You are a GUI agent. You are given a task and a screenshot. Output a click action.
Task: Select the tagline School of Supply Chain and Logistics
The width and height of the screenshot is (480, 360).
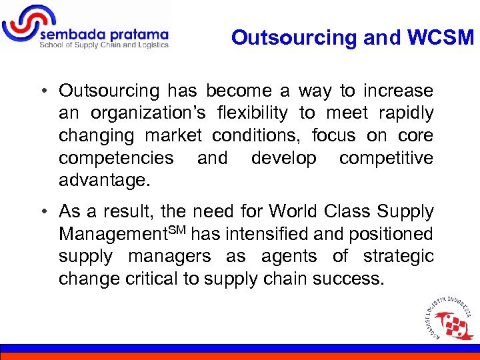pyautogui.click(x=104, y=45)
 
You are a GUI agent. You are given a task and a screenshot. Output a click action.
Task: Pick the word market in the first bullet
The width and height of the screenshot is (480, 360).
pyautogui.click(x=173, y=136)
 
